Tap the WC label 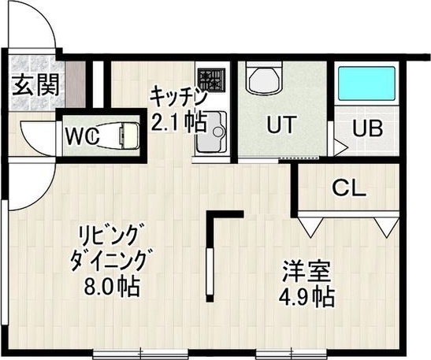click(81, 135)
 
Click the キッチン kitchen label click(178, 98)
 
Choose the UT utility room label click(281, 124)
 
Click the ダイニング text click(110, 260)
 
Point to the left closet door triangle click(308, 226)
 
